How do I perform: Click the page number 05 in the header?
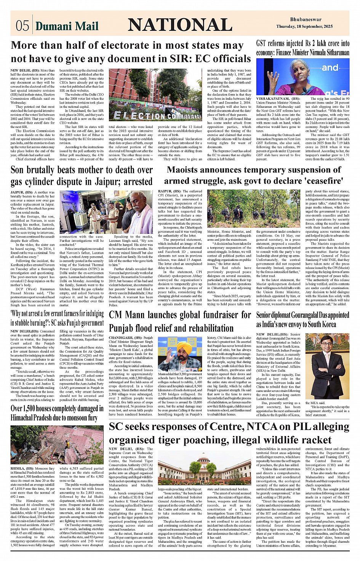click(22, 26)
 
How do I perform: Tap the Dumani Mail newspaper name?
click(67, 26)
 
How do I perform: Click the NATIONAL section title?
click(180, 25)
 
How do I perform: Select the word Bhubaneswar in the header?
click(306, 19)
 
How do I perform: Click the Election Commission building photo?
click(155, 95)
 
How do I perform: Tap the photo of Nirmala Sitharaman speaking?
click(302, 77)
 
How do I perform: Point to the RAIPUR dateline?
click(165, 191)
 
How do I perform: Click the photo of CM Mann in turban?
click(180, 354)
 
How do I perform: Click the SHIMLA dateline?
click(18, 468)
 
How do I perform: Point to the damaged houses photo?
click(57, 444)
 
